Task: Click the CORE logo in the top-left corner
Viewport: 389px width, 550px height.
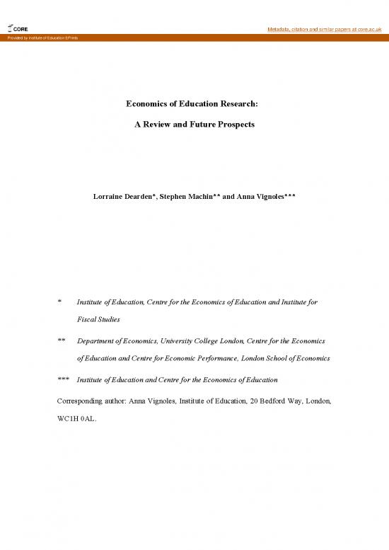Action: click(x=18, y=29)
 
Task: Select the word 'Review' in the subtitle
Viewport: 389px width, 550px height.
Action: click(x=163, y=124)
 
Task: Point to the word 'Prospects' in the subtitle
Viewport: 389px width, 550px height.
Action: click(x=234, y=124)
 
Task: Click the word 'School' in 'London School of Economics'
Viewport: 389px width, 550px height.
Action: click(x=282, y=358)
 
